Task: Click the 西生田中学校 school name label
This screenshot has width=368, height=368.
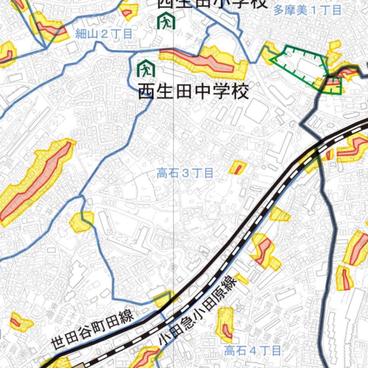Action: (x=193, y=92)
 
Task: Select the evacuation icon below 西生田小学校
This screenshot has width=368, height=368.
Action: (x=166, y=21)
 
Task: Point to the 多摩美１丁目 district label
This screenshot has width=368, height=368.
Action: (x=307, y=10)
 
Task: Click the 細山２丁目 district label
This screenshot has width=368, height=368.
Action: (x=104, y=34)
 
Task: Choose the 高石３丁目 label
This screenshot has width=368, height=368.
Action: (x=185, y=174)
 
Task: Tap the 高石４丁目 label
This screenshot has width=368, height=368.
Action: (x=252, y=350)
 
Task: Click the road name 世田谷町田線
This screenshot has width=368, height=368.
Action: (x=93, y=329)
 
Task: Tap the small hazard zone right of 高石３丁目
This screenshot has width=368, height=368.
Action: (x=238, y=167)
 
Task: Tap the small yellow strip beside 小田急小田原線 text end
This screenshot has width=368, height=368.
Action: (x=241, y=279)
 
